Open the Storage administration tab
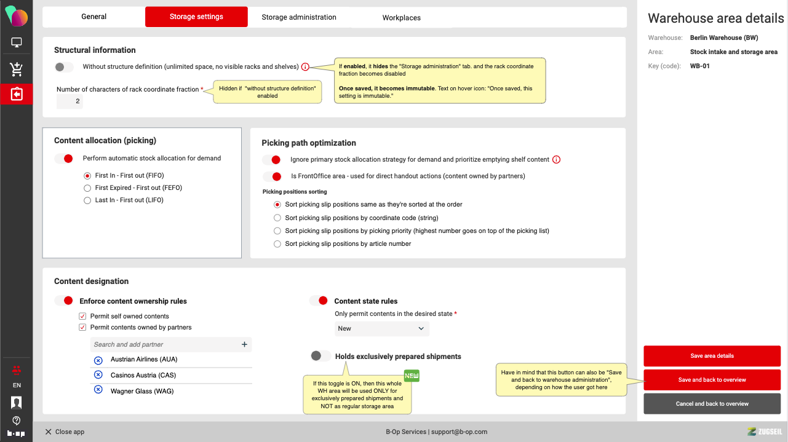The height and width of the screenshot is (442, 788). [299, 17]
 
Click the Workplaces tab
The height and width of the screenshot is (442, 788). [401, 18]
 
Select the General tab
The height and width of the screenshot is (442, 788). [94, 17]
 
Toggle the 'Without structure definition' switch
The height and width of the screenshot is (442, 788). [64, 67]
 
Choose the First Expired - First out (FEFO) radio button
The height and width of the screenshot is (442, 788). [87, 188]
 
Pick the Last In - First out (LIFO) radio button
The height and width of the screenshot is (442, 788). [87, 200]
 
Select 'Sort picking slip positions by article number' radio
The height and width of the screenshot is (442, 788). [277, 244]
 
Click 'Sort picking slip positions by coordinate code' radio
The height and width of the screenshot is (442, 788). [277, 218]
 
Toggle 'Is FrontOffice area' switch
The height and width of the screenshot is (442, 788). [272, 176]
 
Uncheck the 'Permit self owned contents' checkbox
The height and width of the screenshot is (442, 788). [82, 317]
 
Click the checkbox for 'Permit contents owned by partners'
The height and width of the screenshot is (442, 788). [82, 328]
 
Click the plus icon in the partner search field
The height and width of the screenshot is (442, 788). [244, 345]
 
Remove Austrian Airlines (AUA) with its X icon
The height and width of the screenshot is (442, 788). [98, 360]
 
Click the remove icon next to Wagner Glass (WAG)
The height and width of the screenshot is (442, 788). [98, 390]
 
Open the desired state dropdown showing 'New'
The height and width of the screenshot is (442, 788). [381, 329]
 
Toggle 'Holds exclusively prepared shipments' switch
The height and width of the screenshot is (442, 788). [320, 356]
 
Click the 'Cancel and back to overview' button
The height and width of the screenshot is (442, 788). [712, 404]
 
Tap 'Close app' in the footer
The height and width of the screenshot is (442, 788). [65, 432]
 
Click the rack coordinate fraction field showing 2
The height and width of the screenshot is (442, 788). [70, 101]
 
